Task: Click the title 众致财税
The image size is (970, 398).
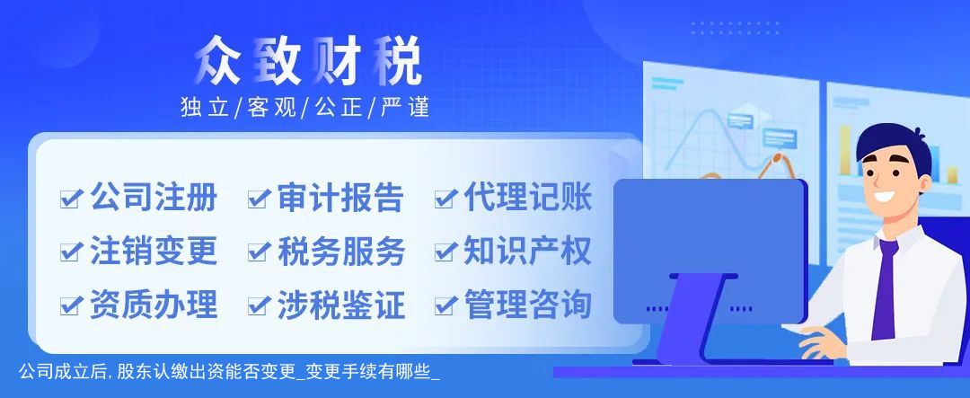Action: tap(307, 61)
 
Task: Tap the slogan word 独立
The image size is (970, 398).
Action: tap(204, 107)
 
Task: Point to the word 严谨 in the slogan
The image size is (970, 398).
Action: tap(405, 107)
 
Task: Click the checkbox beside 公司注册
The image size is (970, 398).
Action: tap(71, 199)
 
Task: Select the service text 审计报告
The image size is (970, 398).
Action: tap(340, 198)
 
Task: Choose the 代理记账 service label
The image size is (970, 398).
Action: tap(528, 198)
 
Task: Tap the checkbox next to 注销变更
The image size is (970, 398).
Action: tap(71, 252)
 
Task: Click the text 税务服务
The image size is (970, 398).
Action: tap(340, 251)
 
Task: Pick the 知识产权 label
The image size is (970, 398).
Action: tap(528, 251)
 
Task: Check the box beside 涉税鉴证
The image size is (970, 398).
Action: tap(258, 305)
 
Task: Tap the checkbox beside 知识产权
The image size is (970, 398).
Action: tap(445, 252)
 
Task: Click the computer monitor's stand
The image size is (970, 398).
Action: tap(691, 319)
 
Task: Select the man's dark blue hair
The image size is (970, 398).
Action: tap(891, 146)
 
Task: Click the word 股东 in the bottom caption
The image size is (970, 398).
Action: tap(132, 373)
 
